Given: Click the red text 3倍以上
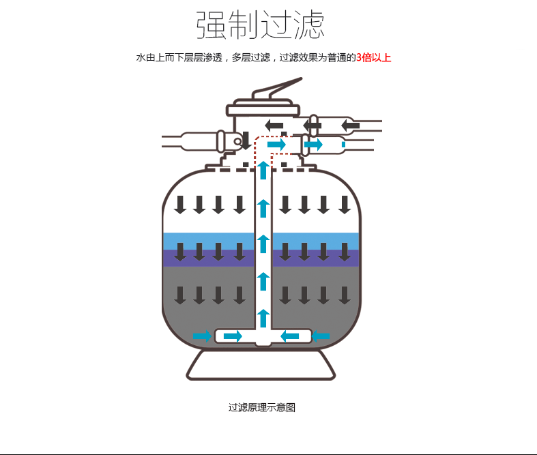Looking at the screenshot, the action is click(x=374, y=57).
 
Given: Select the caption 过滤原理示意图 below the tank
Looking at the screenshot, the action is click(x=261, y=407).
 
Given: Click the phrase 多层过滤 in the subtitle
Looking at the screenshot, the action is click(x=251, y=57).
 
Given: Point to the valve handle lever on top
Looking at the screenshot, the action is click(x=277, y=88).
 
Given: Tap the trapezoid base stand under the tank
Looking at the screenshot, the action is click(x=261, y=365).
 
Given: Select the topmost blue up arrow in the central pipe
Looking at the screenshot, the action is click(x=263, y=170).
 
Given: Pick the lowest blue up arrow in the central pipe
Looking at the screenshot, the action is click(x=263, y=318).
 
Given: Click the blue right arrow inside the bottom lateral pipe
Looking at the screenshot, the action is click(x=233, y=336).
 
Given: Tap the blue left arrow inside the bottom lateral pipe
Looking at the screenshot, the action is click(x=290, y=336).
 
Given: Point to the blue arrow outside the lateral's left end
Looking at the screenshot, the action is click(x=202, y=336).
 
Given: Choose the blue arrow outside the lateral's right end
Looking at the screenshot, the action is click(x=321, y=336).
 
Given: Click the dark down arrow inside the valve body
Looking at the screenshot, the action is click(x=246, y=141).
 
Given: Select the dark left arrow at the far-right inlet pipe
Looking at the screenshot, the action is click(x=350, y=126).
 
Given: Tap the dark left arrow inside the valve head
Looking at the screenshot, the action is click(x=274, y=126).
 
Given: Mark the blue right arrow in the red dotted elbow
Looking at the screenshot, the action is click(x=277, y=145).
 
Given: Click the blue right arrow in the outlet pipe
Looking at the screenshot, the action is click(x=313, y=145).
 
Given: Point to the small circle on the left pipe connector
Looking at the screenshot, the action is click(x=237, y=141).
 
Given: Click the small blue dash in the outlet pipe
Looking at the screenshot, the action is click(x=343, y=145).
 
